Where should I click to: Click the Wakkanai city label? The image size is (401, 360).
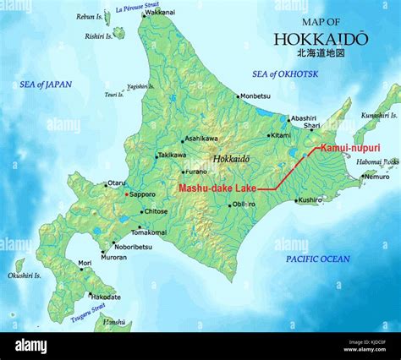tap(161, 14)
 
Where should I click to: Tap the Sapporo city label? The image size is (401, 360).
tap(142, 194)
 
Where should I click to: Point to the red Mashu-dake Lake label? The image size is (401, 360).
tap(217, 188)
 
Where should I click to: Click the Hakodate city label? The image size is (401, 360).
tap(106, 297)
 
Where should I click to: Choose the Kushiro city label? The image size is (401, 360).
tap(310, 200)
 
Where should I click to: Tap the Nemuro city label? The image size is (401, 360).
tap(376, 177)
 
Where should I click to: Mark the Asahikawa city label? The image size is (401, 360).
tap(200, 139)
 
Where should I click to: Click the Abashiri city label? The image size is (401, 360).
tap(302, 117)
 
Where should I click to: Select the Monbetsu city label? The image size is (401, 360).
tap(255, 95)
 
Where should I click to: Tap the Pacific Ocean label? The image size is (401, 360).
tap(317, 259)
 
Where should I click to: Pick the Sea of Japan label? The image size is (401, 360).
tap(46, 85)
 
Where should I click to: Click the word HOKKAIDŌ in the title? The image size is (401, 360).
tap(321, 38)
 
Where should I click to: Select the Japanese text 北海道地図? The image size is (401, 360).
tap(321, 52)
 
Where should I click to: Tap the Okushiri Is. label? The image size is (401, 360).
tap(24, 275)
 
